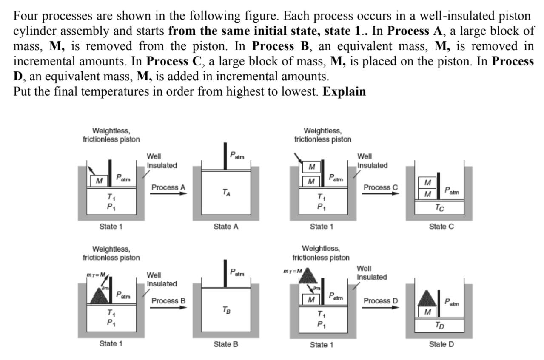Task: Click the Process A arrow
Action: click(x=168, y=193)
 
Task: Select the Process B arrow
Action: click(x=168, y=307)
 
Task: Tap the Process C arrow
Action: click(x=381, y=193)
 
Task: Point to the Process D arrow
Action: click(x=381, y=307)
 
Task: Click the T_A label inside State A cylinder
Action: click(x=226, y=192)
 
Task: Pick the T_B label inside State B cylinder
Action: click(x=226, y=310)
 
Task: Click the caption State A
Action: click(x=226, y=227)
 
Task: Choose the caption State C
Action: click(x=441, y=227)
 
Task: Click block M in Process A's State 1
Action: click(x=99, y=181)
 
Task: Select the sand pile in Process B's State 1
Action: click(x=99, y=296)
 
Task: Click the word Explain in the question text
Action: click(x=344, y=92)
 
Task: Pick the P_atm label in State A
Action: click(x=237, y=156)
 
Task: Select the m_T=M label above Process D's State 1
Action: click(x=293, y=271)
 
